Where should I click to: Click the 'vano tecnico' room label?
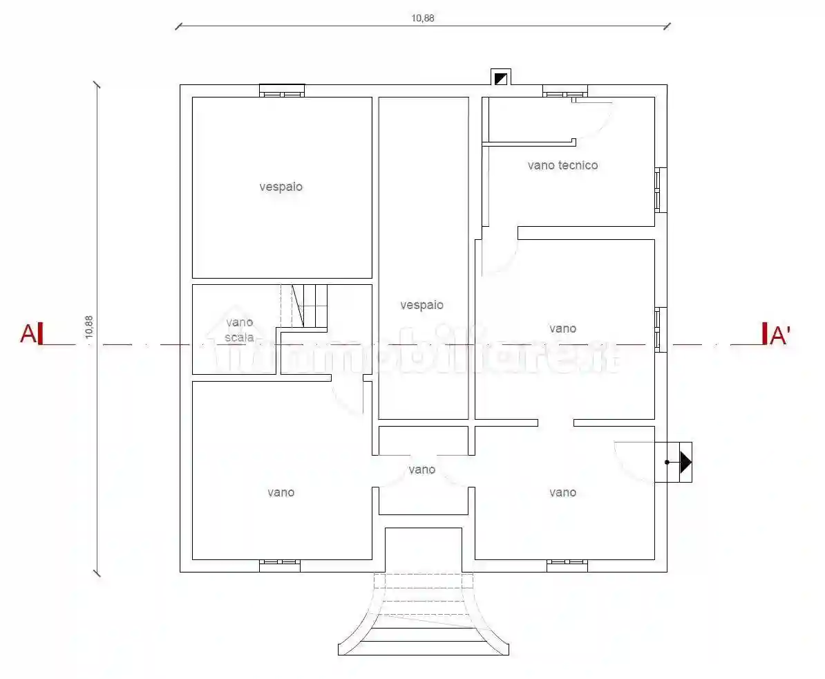(x=562, y=165)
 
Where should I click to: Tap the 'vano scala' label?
(x=239, y=330)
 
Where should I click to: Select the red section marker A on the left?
(x=32, y=334)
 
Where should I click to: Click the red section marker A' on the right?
(x=776, y=334)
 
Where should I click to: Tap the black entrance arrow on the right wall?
(x=685, y=462)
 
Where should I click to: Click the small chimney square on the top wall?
(x=501, y=78)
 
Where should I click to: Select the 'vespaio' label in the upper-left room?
(x=281, y=187)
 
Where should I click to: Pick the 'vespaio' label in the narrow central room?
(x=421, y=306)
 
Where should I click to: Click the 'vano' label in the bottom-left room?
(x=281, y=492)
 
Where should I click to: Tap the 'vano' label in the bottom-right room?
(x=562, y=492)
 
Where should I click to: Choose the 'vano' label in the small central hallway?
(x=422, y=469)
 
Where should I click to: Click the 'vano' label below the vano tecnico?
(x=562, y=328)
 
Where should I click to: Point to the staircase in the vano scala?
(x=304, y=306)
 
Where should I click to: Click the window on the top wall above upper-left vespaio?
(x=282, y=91)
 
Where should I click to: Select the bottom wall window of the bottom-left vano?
(x=280, y=566)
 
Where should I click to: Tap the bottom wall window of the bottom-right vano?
(x=567, y=566)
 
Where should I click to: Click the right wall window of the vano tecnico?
(x=661, y=190)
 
